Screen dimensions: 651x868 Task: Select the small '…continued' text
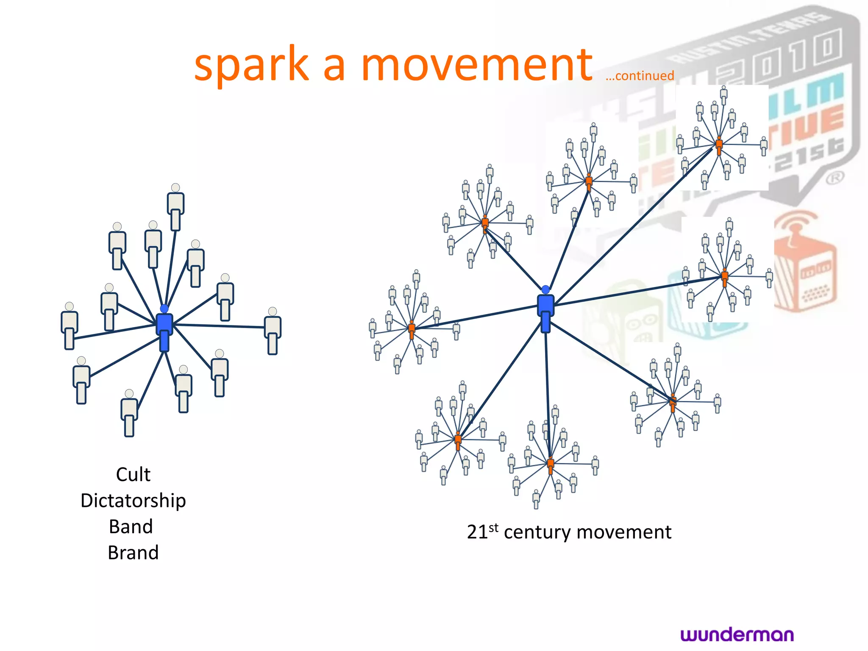640,76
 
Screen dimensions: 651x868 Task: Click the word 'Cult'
133,475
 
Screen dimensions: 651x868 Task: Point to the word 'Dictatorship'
133,501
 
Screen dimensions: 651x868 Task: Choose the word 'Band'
131,527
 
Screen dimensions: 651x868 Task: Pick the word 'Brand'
133,553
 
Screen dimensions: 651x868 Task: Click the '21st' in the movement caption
482,532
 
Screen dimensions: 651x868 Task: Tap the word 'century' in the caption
537,533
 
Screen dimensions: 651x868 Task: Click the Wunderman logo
737,634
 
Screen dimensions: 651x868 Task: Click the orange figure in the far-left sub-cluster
412,329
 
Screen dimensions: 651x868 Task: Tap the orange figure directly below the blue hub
551,465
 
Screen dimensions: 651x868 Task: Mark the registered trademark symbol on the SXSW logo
835,178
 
